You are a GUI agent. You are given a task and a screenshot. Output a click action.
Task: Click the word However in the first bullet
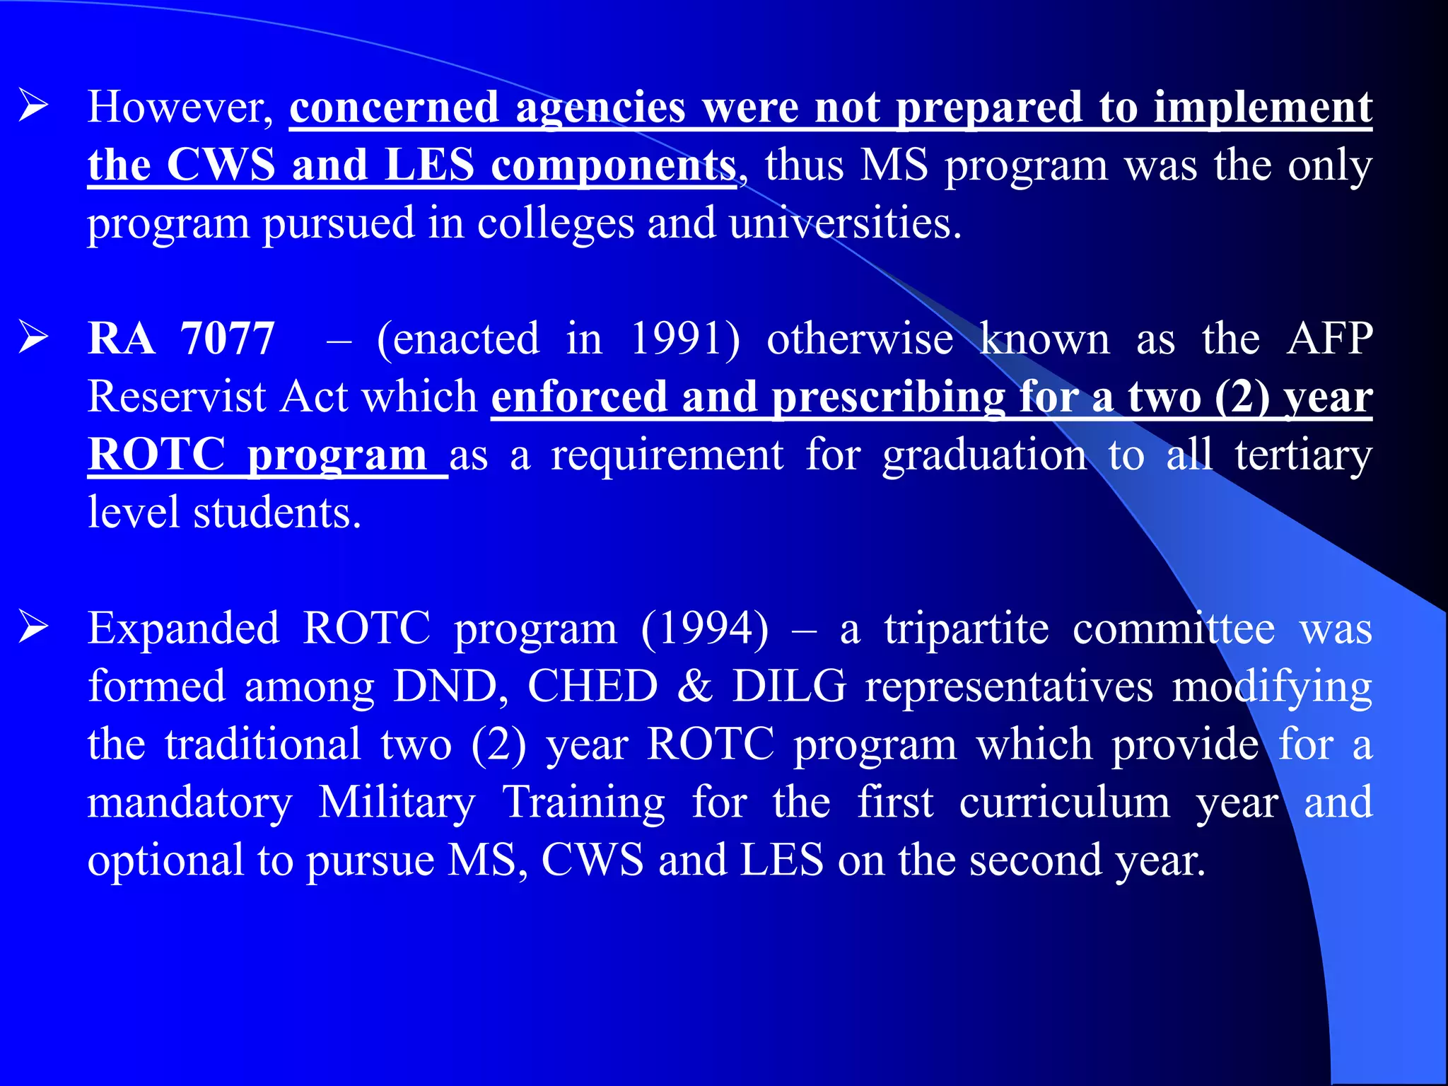tap(180, 107)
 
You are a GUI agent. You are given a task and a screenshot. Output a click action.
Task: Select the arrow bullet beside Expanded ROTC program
tap(33, 626)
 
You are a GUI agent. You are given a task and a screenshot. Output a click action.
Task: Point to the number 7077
tap(227, 338)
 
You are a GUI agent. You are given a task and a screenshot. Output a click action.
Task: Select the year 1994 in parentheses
tap(704, 628)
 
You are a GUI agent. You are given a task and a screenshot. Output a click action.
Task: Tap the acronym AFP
tap(1329, 338)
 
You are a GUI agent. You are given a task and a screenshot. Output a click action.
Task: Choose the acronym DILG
tap(789, 686)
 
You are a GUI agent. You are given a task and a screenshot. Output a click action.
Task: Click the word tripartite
tap(967, 628)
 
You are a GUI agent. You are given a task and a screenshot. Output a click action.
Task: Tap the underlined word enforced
tap(579, 396)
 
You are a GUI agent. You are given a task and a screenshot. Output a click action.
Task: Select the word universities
tap(845, 223)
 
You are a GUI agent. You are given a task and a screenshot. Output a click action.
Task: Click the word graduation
tap(985, 454)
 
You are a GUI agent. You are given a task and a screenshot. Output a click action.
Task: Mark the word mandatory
tap(189, 802)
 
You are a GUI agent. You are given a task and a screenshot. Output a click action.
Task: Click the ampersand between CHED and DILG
tap(695, 686)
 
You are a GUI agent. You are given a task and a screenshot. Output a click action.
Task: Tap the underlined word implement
tap(1263, 107)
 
